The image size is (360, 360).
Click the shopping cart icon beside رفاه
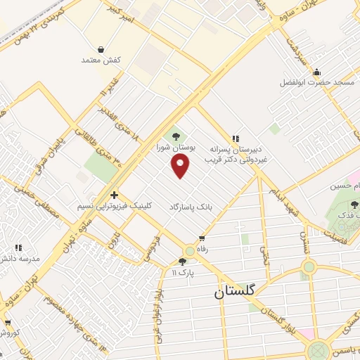click(x=202, y=238)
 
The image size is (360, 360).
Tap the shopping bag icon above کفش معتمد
click(x=102, y=50)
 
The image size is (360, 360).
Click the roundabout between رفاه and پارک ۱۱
click(x=189, y=251)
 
